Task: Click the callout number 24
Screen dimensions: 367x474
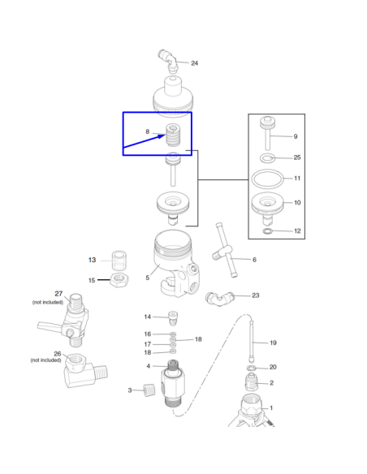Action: click(194, 63)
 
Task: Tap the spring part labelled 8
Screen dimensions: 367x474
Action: click(173, 135)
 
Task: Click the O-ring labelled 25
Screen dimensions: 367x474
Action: click(268, 157)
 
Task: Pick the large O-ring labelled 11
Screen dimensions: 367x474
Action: click(268, 179)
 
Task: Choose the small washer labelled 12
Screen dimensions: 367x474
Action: click(268, 231)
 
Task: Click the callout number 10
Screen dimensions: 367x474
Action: click(297, 203)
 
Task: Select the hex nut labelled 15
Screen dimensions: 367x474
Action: click(119, 280)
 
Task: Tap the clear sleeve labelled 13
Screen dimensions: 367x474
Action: click(119, 260)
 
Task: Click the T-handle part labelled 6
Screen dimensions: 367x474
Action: click(225, 250)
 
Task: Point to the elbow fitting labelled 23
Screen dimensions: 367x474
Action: click(219, 299)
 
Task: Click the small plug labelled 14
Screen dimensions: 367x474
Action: click(173, 319)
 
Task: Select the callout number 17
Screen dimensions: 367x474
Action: click(148, 344)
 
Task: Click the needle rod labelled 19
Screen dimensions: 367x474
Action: click(252, 342)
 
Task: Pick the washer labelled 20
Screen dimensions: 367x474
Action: click(252, 368)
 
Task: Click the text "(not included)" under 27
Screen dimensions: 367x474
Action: click(48, 302)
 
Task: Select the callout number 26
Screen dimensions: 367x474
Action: click(58, 354)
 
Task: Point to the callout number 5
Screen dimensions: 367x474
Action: click(148, 278)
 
